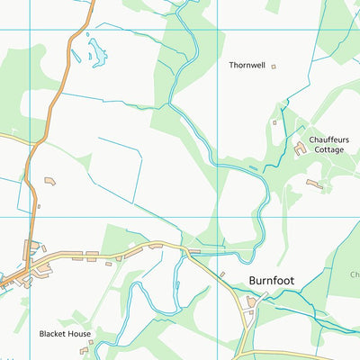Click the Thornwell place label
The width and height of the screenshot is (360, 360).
(x=247, y=66)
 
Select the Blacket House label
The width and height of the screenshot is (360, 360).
(x=65, y=333)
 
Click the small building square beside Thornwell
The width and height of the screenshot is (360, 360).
(x=274, y=66)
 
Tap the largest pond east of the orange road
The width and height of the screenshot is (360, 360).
(x=95, y=55)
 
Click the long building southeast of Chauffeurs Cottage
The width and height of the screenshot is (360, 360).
(x=313, y=184)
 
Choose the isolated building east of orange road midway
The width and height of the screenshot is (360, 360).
(x=49, y=183)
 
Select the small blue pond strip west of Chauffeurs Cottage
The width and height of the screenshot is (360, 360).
(x=254, y=168)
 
